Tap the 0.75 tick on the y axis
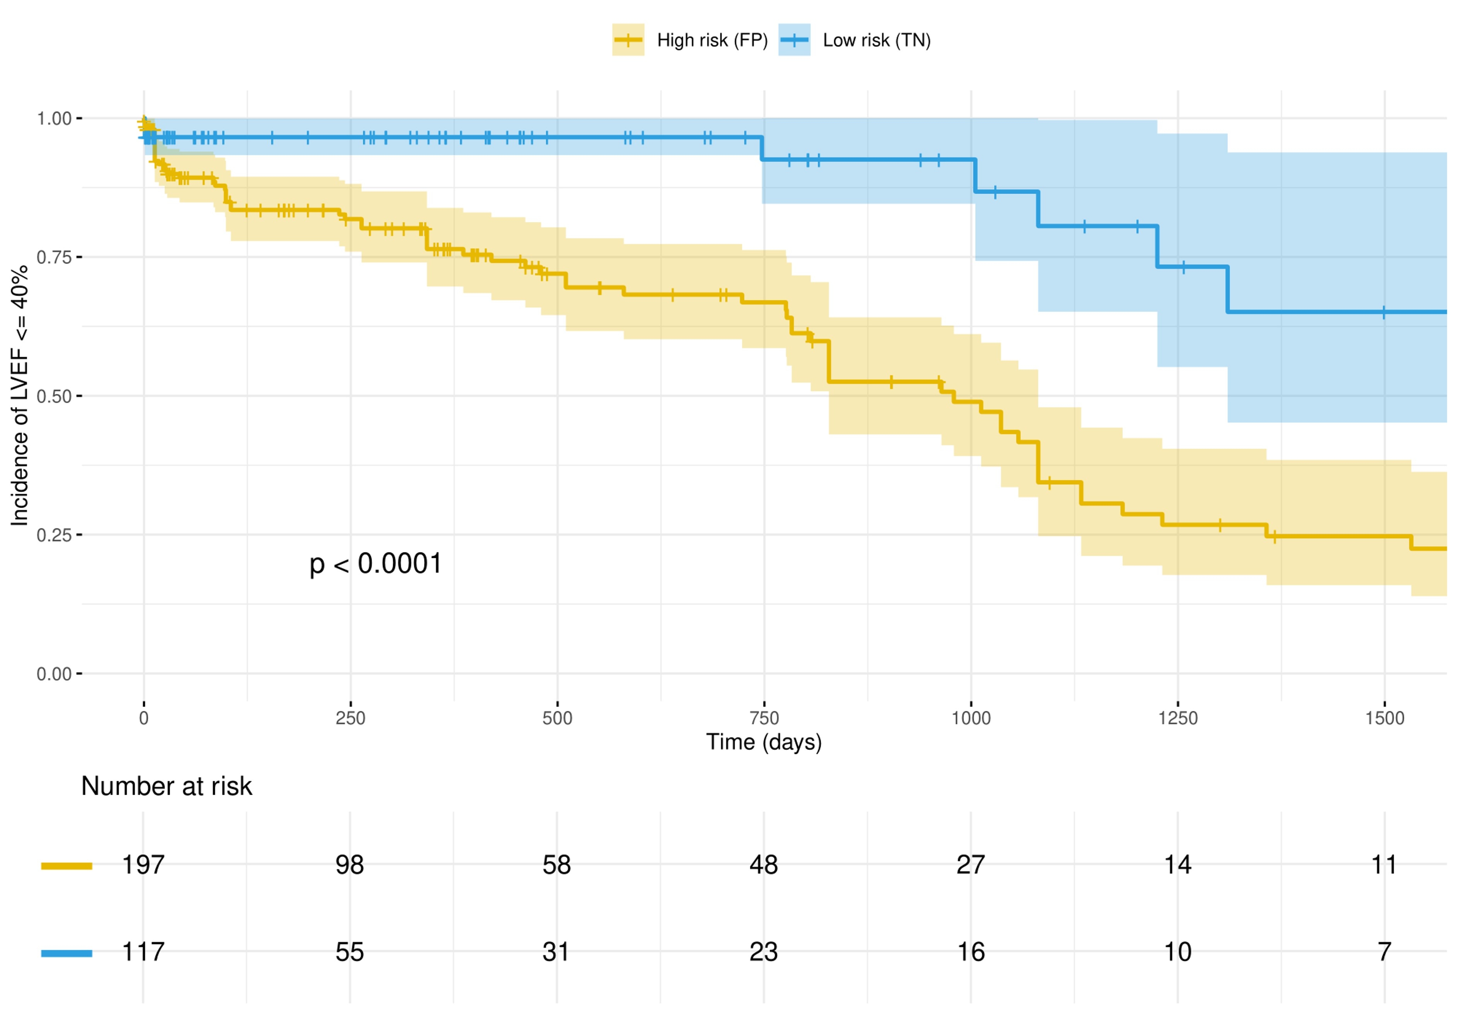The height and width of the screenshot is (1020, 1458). point(54,257)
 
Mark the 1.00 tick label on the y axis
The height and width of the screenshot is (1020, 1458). point(54,119)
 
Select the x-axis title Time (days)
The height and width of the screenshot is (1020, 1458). point(764,742)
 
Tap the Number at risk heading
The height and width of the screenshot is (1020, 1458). point(166,786)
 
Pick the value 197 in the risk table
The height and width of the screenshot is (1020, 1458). point(143,865)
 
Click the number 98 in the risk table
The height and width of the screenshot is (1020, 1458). point(350,865)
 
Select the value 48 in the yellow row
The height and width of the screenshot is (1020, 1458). point(763,865)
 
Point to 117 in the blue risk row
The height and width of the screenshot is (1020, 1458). point(143,952)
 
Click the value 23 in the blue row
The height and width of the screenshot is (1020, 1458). point(763,952)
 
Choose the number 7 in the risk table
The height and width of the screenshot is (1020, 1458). point(1384,952)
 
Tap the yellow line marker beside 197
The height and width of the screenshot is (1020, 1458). point(66,866)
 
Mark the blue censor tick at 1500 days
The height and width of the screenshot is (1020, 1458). point(1384,312)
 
